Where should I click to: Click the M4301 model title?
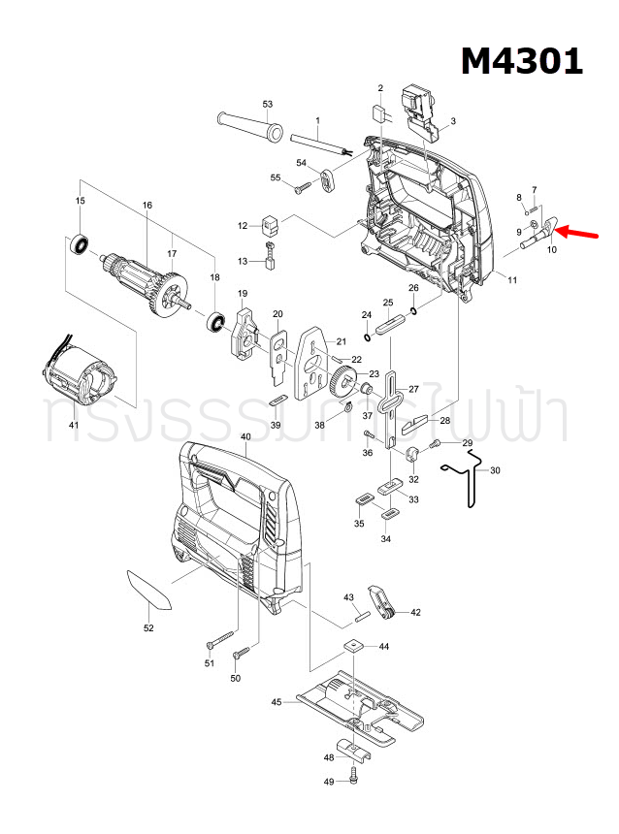[521, 60]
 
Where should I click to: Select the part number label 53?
[268, 104]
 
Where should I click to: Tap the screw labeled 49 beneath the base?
[354, 777]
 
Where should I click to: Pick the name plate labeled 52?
[147, 590]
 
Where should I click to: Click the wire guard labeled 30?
[468, 481]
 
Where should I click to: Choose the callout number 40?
[245, 437]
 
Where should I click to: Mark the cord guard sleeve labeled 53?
[246, 126]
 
